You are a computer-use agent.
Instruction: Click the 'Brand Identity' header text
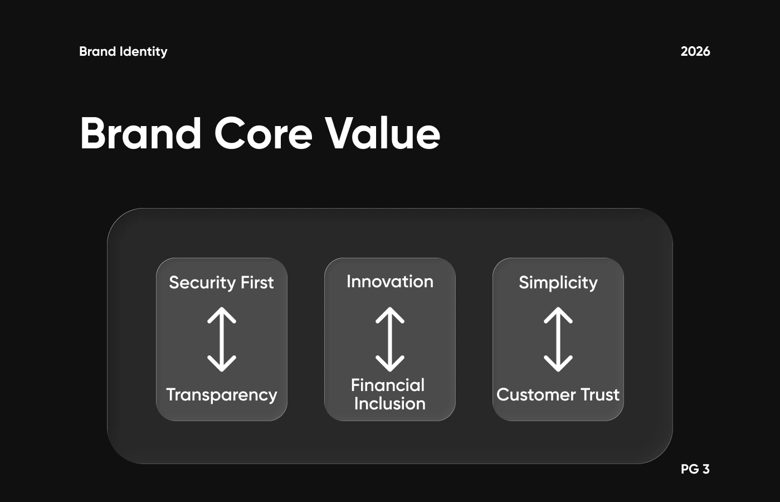(123, 51)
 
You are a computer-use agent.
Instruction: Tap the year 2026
(695, 51)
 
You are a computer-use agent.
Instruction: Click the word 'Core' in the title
(263, 134)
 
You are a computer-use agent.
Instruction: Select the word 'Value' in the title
(383, 133)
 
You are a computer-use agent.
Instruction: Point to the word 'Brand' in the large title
(140, 133)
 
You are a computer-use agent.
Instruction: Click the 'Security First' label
(222, 282)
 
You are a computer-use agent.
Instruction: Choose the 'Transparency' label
(222, 395)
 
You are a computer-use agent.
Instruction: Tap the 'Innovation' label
(390, 281)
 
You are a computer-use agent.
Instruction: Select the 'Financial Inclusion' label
(389, 394)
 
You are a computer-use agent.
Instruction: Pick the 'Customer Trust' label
(558, 395)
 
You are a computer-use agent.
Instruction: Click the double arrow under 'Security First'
(222, 339)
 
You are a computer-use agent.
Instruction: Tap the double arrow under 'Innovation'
(390, 339)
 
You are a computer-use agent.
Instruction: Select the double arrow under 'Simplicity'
(558, 339)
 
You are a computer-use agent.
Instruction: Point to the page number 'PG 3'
(695, 469)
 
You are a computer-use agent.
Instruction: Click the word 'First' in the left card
(257, 282)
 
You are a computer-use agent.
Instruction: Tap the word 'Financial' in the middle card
(388, 385)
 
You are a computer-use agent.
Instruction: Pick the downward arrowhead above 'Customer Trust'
(558, 364)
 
